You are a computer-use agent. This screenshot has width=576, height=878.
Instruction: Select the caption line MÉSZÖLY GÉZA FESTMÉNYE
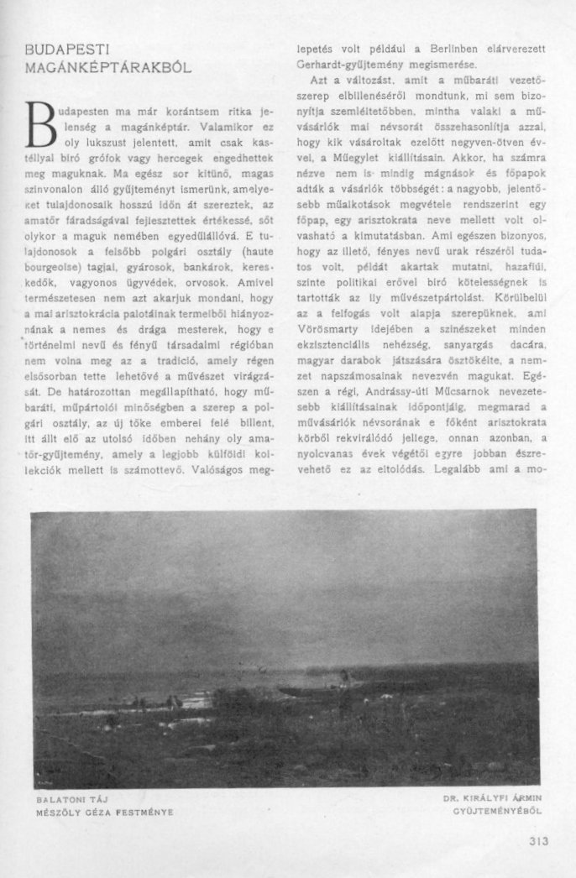coord(105,812)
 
